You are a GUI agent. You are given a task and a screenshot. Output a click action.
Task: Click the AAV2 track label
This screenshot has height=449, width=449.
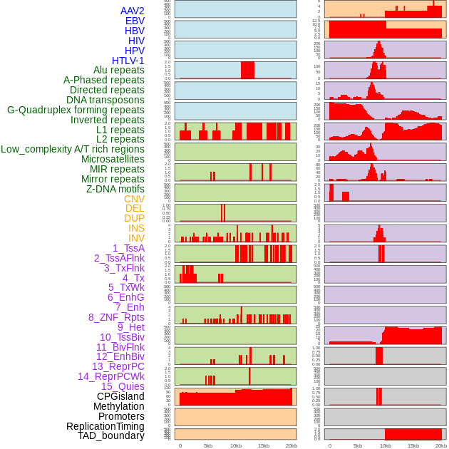132,11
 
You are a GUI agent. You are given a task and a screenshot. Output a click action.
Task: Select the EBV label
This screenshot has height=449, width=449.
134,21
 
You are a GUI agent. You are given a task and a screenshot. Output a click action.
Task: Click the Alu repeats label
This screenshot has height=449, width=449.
118,70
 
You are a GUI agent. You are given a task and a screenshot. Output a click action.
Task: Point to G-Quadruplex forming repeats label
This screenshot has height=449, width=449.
76,110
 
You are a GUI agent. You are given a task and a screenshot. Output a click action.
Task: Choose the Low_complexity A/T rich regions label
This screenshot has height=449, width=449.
73,149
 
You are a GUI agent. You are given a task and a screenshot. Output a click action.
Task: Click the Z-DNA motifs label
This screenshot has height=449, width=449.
115,189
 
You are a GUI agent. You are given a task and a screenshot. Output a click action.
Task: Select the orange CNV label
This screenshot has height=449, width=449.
134,199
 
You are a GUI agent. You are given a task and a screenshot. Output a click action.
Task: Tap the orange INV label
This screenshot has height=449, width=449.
136,238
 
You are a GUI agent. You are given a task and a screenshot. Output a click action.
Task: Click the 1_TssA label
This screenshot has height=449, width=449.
128,248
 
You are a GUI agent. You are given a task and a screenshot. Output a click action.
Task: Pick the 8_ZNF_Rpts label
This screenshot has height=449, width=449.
116,317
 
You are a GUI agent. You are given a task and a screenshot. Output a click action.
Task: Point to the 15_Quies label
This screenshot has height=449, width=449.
122,386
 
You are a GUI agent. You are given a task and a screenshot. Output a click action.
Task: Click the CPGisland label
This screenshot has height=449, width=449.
120,396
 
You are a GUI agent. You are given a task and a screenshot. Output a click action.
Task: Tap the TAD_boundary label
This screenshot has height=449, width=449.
111,435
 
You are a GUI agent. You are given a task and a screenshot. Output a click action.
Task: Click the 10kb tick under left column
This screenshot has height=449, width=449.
236,445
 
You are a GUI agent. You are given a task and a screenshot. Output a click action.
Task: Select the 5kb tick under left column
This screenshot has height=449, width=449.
208,445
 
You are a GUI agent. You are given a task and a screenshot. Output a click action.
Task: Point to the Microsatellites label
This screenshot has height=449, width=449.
113,159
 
